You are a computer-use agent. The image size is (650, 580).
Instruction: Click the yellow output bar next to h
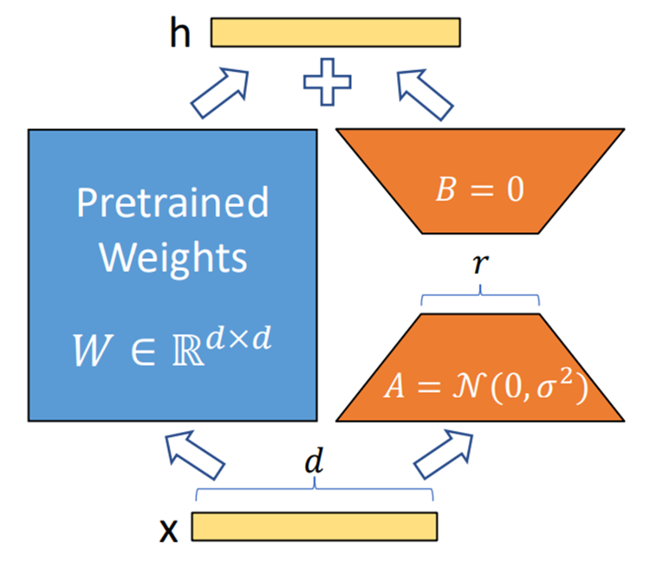pos(335,33)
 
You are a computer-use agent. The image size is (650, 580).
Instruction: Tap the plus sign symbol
pos(327,81)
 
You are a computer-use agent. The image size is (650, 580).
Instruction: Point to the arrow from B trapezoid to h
pos(424,95)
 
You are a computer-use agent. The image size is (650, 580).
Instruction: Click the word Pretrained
pos(172,203)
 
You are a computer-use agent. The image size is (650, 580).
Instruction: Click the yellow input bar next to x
pos(314,526)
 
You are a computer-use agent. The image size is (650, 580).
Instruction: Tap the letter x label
pos(170,530)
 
